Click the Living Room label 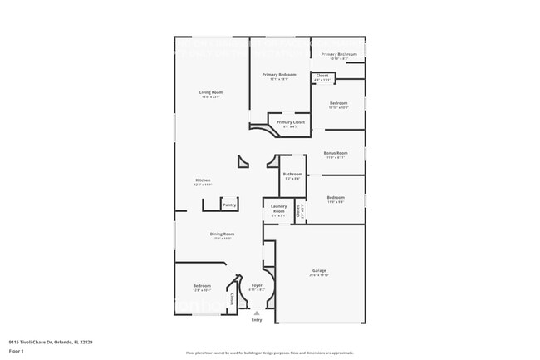click(x=211, y=91)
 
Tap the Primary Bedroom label click(x=279, y=75)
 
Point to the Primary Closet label click(x=291, y=122)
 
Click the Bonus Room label click(x=336, y=153)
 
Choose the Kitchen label click(x=203, y=180)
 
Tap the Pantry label click(x=229, y=205)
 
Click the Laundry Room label click(x=279, y=208)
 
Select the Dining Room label click(x=222, y=234)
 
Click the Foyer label click(x=257, y=285)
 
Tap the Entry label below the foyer click(x=256, y=320)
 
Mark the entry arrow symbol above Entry click(x=256, y=313)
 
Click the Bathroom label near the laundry click(x=292, y=174)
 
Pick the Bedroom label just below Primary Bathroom click(x=338, y=103)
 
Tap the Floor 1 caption click(x=16, y=350)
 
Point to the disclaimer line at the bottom click(x=270, y=353)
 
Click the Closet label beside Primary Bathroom click(x=322, y=76)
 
